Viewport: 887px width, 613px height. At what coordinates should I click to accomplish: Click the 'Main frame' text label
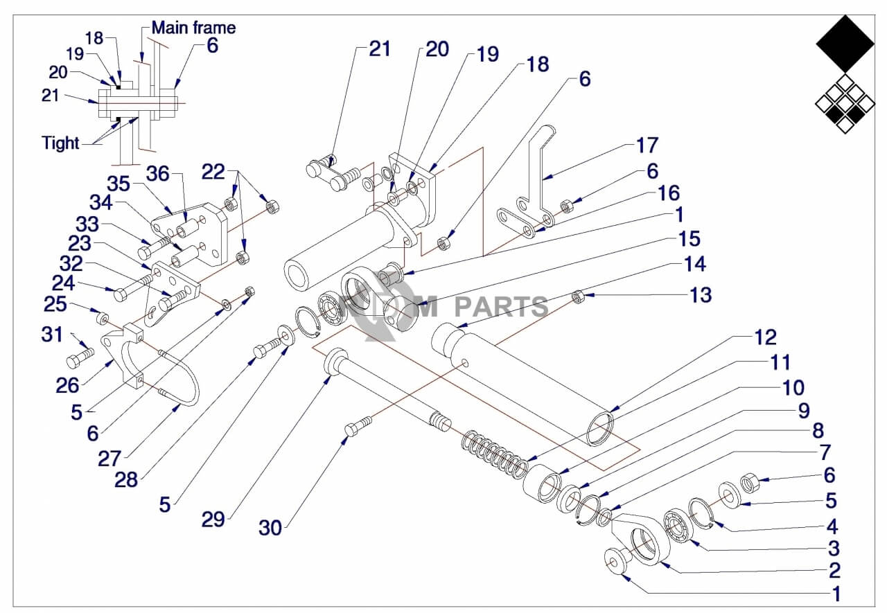coord(193,28)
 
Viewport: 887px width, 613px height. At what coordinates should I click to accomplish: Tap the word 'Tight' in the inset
coord(60,143)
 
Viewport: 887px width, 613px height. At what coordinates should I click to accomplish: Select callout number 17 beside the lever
coord(647,145)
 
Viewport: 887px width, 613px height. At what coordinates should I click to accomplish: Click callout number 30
coord(270,528)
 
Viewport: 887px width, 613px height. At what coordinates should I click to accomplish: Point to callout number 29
coord(213,519)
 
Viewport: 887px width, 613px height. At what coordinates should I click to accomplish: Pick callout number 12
coord(766,337)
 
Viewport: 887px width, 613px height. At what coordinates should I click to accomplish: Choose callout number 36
coord(157,174)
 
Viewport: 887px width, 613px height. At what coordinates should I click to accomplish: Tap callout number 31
coord(52,335)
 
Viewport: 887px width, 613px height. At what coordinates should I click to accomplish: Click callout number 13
coord(701,295)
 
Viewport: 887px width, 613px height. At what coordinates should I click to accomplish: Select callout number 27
coord(109,459)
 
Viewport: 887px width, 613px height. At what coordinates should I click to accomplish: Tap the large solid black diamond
coord(845,44)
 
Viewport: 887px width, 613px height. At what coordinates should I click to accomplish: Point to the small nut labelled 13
coord(578,296)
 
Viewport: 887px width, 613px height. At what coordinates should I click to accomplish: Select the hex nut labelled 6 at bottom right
coord(749,483)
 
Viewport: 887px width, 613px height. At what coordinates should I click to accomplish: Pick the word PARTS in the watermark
coord(501,307)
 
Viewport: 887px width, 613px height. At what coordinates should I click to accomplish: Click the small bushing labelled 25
coord(103,318)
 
